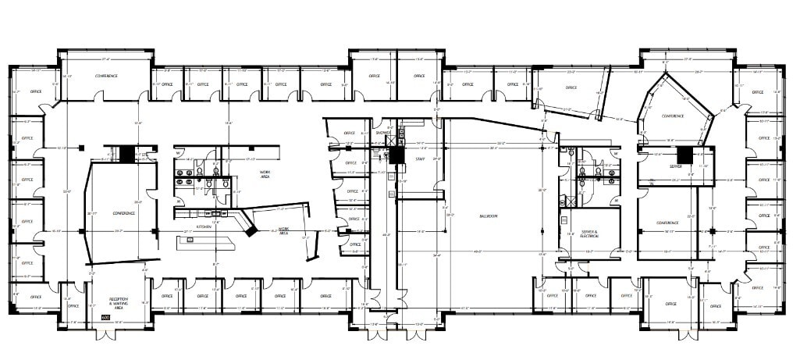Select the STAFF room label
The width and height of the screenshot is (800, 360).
click(420, 159)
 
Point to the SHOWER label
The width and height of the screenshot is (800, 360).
click(382, 133)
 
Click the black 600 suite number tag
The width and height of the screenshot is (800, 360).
click(105, 317)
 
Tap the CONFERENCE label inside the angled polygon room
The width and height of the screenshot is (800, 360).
click(674, 116)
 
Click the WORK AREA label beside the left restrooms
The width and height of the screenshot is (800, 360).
click(249, 174)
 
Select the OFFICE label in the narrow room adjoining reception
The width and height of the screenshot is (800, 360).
click(73, 306)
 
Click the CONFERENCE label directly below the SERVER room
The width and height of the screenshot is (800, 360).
click(667, 223)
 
